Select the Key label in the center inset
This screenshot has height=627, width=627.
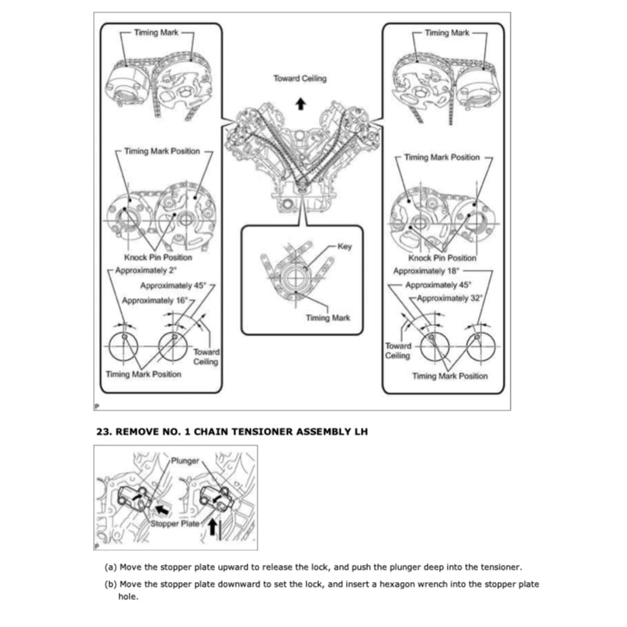[345, 246]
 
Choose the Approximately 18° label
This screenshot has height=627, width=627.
[427, 271]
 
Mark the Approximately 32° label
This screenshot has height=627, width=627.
[450, 297]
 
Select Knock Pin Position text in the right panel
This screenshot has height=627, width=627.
[442, 258]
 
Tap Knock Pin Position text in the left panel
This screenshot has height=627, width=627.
[158, 258]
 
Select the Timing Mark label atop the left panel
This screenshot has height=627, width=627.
[157, 33]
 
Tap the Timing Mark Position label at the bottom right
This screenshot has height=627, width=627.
[450, 376]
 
